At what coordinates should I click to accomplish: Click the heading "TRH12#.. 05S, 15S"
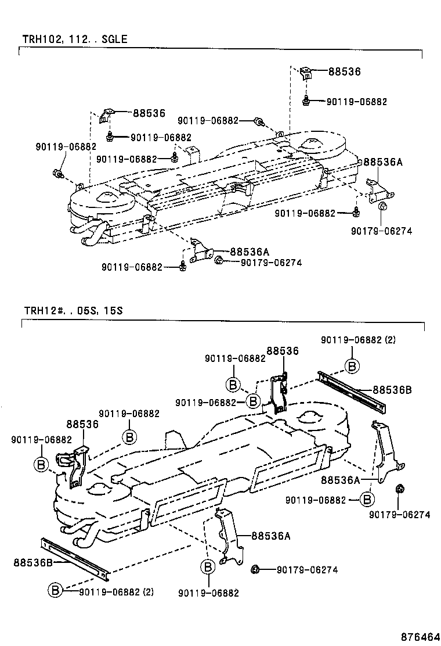pyautogui.click(x=73, y=310)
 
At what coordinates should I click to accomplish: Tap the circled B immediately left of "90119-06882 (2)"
pyautogui.click(x=55, y=590)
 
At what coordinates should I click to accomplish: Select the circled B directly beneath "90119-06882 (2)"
pyautogui.click(x=352, y=365)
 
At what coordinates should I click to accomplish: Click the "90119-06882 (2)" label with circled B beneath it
pyautogui.click(x=359, y=340)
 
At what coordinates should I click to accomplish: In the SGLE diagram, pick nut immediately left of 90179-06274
pyautogui.click(x=219, y=261)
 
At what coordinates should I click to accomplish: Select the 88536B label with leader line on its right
pyautogui.click(x=32, y=562)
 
